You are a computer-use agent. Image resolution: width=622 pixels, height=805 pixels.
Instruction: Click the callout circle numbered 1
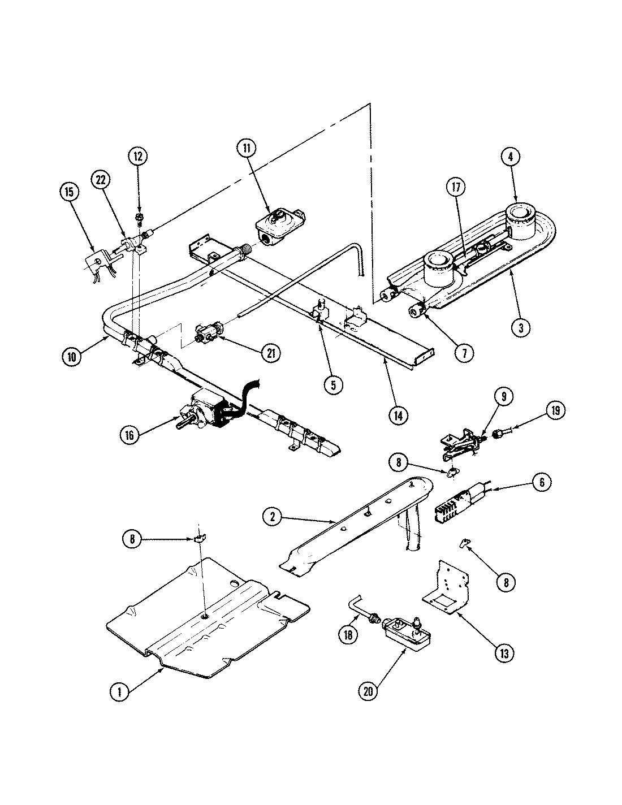coord(119,691)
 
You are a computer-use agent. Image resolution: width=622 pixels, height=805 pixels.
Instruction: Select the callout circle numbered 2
coord(273,515)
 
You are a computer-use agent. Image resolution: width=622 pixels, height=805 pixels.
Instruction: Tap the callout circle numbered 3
coord(521,327)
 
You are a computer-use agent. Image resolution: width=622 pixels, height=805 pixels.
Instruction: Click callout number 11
coord(247,148)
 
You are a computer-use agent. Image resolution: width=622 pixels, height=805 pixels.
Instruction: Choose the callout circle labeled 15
coord(70,192)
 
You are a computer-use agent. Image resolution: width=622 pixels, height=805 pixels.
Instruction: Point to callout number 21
coord(270,353)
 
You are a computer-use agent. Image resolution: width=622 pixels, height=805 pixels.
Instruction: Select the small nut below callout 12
coord(139,216)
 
